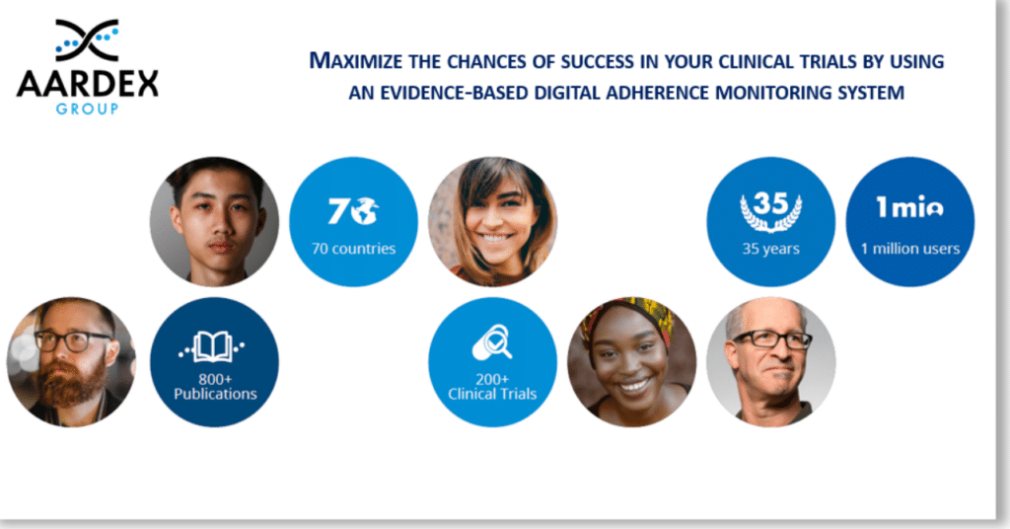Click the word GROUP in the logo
(x=87, y=109)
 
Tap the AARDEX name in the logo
(x=87, y=84)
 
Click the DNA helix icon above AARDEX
(x=87, y=40)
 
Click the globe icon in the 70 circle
(x=365, y=210)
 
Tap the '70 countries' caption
(x=354, y=249)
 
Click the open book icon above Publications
(x=212, y=347)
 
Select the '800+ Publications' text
(x=215, y=387)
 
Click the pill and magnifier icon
(x=492, y=342)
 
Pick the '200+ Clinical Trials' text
(x=492, y=387)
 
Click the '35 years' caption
(x=771, y=249)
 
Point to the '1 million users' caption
(x=910, y=249)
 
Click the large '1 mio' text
(x=909, y=206)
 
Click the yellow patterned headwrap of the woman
(x=628, y=313)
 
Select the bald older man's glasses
(x=771, y=340)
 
